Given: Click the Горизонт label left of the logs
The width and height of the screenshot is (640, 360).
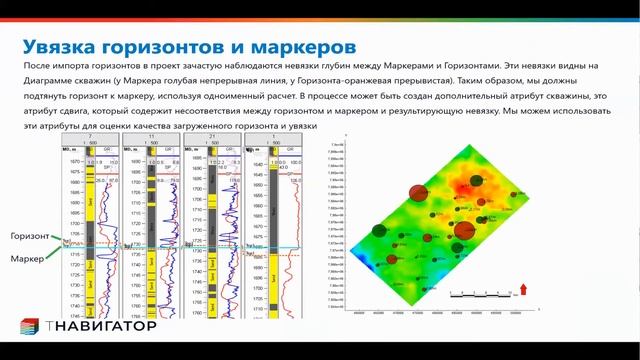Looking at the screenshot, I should (x=30, y=236).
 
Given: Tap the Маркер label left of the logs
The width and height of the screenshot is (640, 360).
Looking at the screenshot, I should (x=26, y=260).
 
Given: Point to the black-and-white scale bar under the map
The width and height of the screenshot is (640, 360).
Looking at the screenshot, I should (x=481, y=295).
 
